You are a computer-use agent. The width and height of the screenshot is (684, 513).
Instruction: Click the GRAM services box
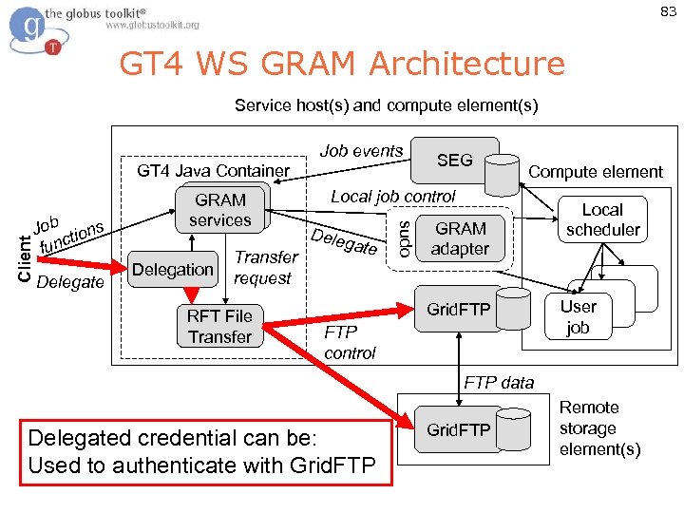click(x=219, y=210)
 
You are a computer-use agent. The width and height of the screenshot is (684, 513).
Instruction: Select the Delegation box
click(x=173, y=270)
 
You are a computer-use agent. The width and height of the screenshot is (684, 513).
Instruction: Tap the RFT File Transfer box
click(x=219, y=327)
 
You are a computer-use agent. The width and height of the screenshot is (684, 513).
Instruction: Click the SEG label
click(x=454, y=161)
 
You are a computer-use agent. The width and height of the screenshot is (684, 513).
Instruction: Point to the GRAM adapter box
click(x=461, y=239)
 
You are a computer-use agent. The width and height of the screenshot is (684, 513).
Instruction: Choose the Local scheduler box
click(x=602, y=219)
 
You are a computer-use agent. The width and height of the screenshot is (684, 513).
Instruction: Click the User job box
click(x=578, y=317)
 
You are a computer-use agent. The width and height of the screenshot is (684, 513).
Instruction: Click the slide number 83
click(x=668, y=12)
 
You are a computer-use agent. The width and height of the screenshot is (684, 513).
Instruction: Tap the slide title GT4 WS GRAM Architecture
click(x=341, y=64)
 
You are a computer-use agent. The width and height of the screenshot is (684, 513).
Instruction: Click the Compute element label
click(x=595, y=172)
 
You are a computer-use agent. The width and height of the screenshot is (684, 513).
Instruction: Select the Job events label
click(x=361, y=151)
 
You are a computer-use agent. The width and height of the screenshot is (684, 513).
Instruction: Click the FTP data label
click(x=499, y=383)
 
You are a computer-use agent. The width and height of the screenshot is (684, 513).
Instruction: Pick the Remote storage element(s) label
click(x=599, y=427)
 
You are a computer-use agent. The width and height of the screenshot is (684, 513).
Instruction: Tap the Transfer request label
click(x=265, y=268)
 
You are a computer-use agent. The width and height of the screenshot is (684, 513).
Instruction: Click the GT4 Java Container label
click(x=213, y=171)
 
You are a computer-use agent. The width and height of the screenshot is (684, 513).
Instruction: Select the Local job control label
click(x=392, y=197)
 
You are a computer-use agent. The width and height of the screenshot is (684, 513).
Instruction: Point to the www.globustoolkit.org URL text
click(x=152, y=26)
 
